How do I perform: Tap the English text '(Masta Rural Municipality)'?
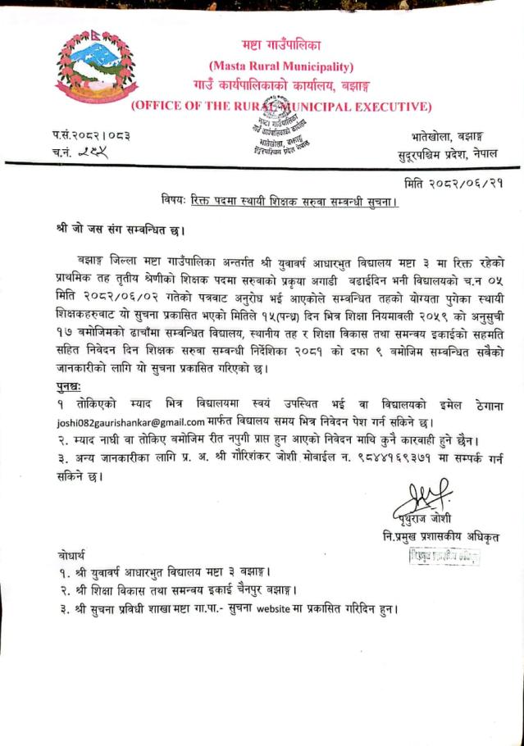[281, 66]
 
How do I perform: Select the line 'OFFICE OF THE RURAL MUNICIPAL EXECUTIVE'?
[280, 106]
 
